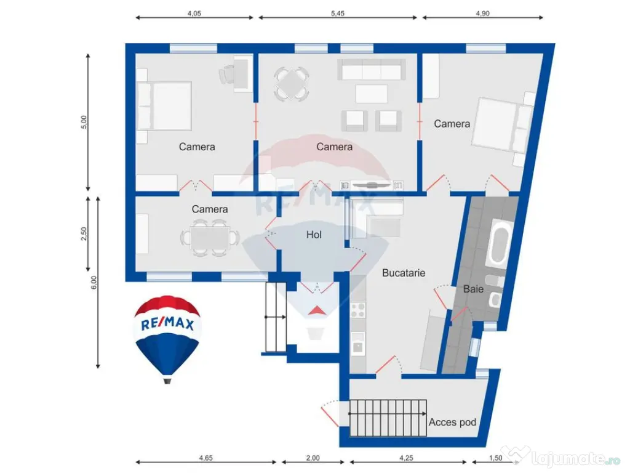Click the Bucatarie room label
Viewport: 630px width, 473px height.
tap(404, 272)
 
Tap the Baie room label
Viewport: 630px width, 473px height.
tap(473, 288)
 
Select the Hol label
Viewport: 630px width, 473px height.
tap(314, 235)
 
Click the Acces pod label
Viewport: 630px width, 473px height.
tap(452, 422)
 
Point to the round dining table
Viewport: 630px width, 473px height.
tap(290, 84)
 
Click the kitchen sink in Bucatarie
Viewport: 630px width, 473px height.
tap(358, 344)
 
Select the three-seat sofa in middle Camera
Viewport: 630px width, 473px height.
tap(371, 70)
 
